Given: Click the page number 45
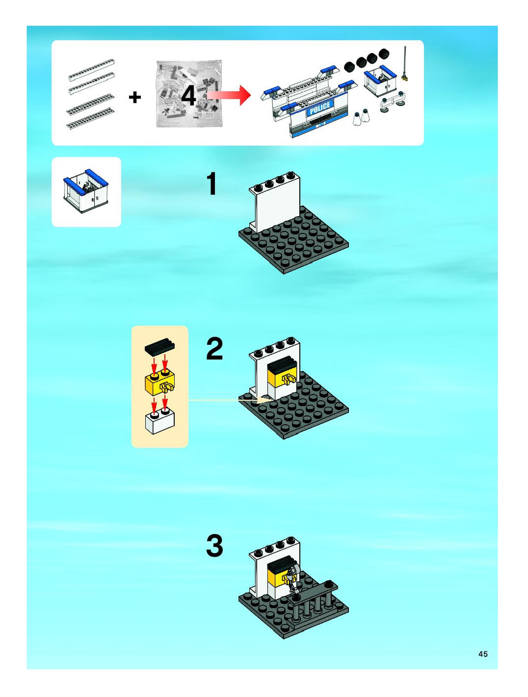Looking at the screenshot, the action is click(x=483, y=654).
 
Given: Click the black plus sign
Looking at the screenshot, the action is click(x=135, y=97).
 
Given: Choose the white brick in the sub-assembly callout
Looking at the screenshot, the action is click(x=160, y=420).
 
